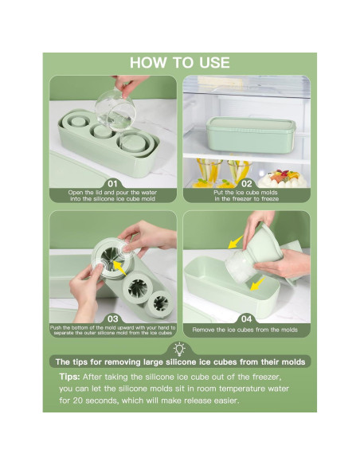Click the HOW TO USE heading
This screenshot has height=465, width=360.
point(180,63)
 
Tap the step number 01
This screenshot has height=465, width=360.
point(112,184)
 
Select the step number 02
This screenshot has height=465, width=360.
point(246,184)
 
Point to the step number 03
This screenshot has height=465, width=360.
point(112,318)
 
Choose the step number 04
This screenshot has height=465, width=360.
point(246,318)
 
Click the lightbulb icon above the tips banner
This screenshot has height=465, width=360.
point(180,349)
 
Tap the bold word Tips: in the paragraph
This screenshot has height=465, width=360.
point(69,377)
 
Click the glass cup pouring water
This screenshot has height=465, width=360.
point(115,111)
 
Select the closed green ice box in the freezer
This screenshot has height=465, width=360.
point(251,135)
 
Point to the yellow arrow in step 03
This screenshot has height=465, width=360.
point(119,267)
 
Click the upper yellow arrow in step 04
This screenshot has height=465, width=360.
point(236,242)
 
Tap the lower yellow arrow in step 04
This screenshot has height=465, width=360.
point(257,283)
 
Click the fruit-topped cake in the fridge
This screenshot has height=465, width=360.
point(282,178)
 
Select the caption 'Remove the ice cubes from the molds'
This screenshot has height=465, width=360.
point(245,330)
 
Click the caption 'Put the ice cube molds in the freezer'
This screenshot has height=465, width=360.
point(246,195)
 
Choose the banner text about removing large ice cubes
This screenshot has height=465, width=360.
point(180,362)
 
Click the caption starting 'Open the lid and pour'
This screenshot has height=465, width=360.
point(112,195)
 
